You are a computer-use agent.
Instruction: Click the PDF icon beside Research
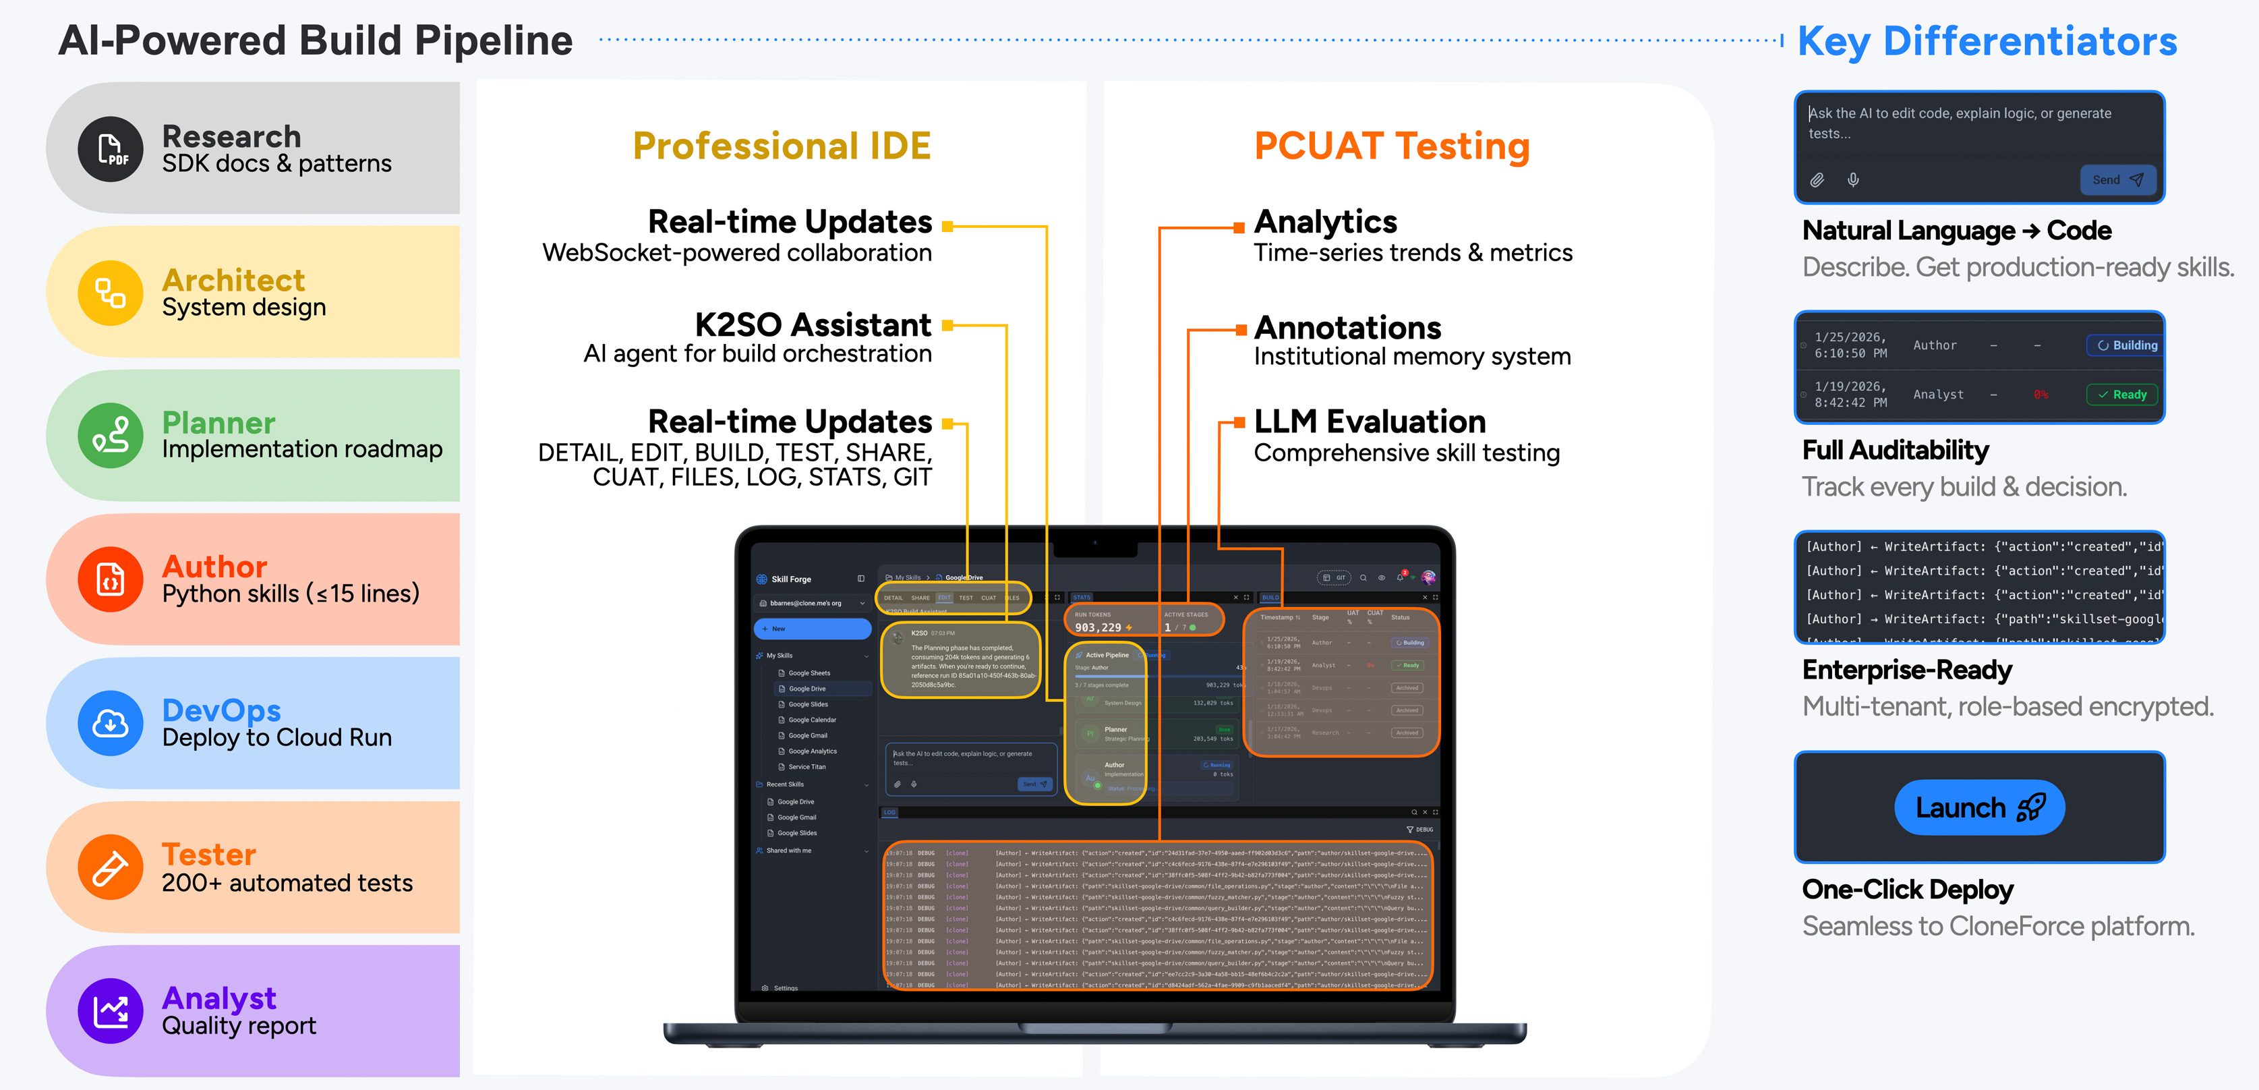point(111,149)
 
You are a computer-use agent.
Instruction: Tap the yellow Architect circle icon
point(111,293)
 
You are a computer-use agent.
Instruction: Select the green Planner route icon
point(111,436)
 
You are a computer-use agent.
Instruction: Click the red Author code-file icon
point(111,579)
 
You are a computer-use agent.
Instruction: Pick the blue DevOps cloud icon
point(111,724)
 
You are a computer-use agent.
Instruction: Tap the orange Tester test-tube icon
point(111,867)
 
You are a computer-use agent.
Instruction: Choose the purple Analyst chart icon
point(111,1011)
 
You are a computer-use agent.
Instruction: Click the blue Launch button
point(1979,807)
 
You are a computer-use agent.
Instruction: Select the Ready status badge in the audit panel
point(2122,395)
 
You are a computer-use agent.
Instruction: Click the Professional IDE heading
point(782,146)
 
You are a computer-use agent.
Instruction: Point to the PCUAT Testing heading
point(1392,146)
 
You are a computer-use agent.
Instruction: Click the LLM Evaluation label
point(1370,422)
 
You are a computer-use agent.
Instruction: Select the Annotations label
point(1348,328)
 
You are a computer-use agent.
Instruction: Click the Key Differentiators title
point(1987,41)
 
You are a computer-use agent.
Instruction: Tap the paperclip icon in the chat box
point(1817,180)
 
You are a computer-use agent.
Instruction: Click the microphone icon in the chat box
point(1853,180)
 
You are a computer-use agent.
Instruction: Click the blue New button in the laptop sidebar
point(812,629)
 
